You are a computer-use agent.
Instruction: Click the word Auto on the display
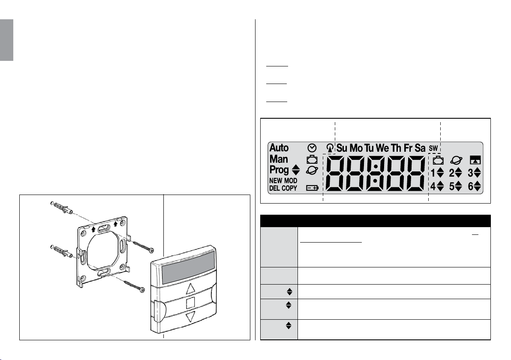[x=279, y=148]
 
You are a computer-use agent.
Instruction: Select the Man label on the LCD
[x=279, y=159]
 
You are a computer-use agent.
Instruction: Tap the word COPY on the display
[x=289, y=188]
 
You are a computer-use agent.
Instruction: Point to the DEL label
[x=274, y=188]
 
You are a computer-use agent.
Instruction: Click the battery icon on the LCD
[x=312, y=188]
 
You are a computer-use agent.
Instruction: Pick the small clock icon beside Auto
[x=312, y=148]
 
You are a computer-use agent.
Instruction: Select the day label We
[x=382, y=148]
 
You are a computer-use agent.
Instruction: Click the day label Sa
[x=420, y=148]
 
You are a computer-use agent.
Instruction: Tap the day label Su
[x=342, y=148]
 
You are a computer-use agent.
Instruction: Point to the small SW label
[x=433, y=149]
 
